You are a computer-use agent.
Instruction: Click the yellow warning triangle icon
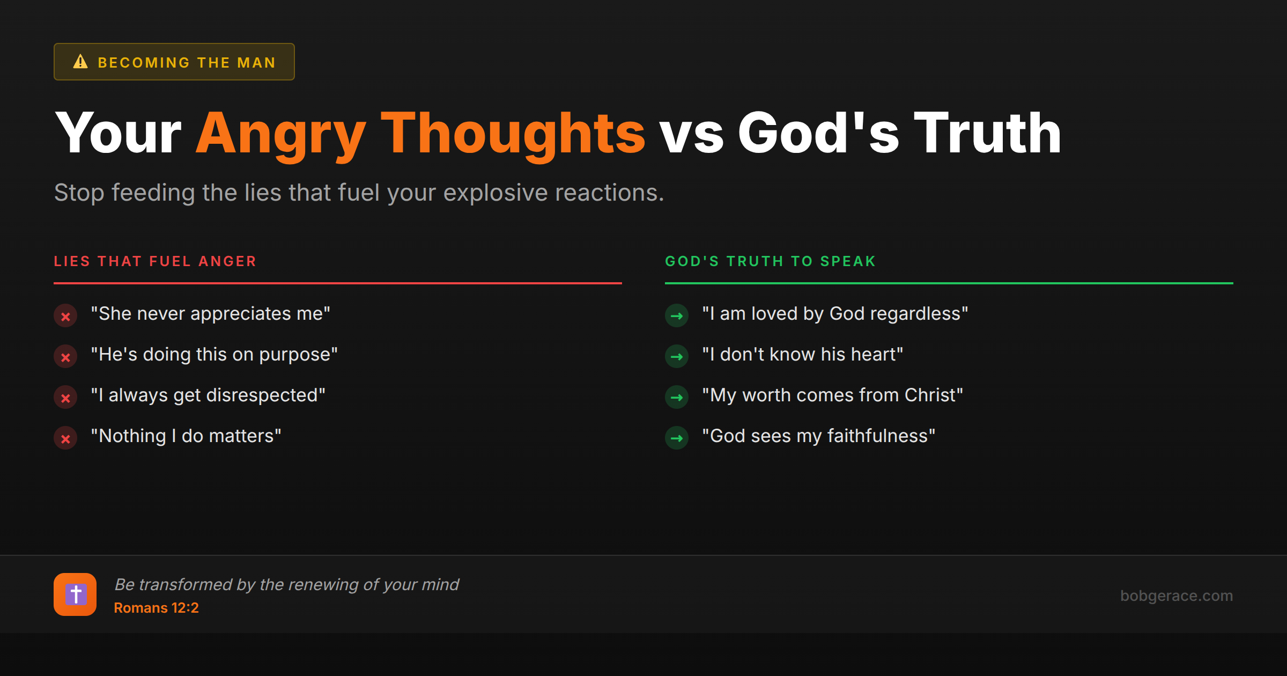[80, 62]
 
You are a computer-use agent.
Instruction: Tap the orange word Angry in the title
[280, 133]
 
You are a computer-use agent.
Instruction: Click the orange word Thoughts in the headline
[513, 133]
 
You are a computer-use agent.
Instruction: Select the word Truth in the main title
[987, 133]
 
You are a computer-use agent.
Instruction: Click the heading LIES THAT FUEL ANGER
[155, 261]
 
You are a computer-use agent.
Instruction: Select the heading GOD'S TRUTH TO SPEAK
[770, 261]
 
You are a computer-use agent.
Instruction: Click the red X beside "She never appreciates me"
[65, 316]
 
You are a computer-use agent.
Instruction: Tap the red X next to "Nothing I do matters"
[65, 438]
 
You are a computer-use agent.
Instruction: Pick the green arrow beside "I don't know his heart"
[677, 357]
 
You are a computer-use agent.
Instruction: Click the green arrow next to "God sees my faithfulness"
[677, 438]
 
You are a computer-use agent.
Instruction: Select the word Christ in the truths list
[930, 395]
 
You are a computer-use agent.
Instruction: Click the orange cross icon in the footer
[75, 594]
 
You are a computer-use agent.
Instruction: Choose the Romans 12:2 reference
[156, 608]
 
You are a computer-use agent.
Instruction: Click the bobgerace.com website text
[1176, 596]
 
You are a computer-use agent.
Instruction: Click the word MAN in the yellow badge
[256, 63]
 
